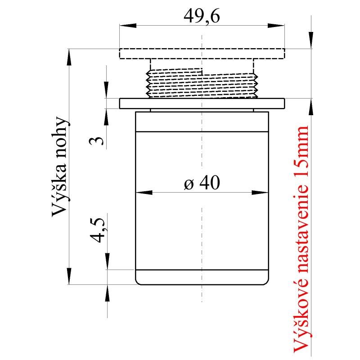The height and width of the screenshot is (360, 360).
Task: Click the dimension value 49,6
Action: pyautogui.click(x=202, y=17)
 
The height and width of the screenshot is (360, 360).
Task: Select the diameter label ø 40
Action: pyautogui.click(x=202, y=184)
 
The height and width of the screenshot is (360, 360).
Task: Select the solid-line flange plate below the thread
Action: pyautogui.click(x=202, y=103)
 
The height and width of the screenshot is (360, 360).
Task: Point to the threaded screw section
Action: pyautogui.click(x=202, y=83)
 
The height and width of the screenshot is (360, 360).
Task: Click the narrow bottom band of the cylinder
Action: pyautogui.click(x=202, y=277)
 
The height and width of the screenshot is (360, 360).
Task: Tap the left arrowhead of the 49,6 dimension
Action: pyautogui.click(x=126, y=26)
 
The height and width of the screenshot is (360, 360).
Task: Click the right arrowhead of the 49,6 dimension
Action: pyautogui.click(x=279, y=26)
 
